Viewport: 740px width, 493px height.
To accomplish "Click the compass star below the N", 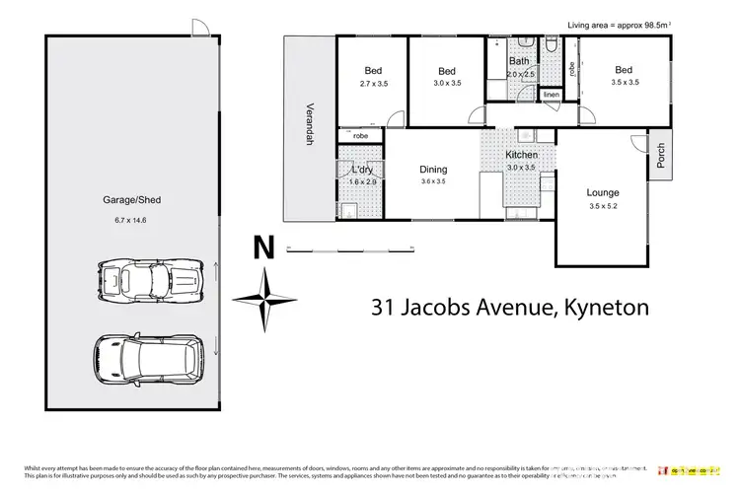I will [263, 299].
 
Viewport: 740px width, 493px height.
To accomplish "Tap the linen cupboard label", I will [551, 96].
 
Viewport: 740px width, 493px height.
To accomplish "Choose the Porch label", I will [661, 155].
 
